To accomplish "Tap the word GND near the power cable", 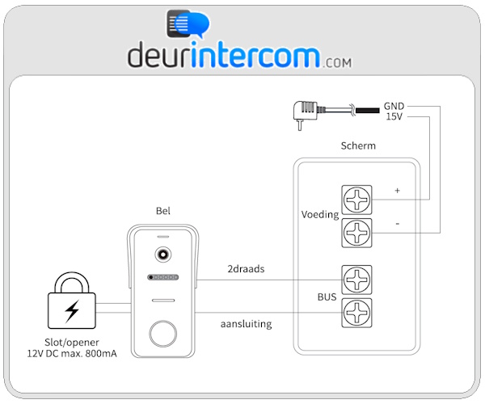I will [x=394, y=107].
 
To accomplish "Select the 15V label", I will [x=394, y=117].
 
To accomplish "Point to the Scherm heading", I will [x=359, y=146].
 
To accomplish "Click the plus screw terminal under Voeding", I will [x=356, y=199].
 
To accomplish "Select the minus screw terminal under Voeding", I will [x=356, y=233].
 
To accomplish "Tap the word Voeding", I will [x=319, y=216].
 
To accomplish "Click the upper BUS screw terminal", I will [x=356, y=280].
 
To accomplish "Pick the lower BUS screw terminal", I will [x=356, y=312].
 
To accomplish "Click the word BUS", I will [x=327, y=297].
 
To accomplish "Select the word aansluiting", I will [x=246, y=324].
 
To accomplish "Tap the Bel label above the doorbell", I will [x=163, y=212].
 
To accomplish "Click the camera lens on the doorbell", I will [x=163, y=255].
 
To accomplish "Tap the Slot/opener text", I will [x=73, y=341].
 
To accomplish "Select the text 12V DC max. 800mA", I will [x=73, y=353].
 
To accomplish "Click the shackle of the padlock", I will [x=73, y=282].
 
